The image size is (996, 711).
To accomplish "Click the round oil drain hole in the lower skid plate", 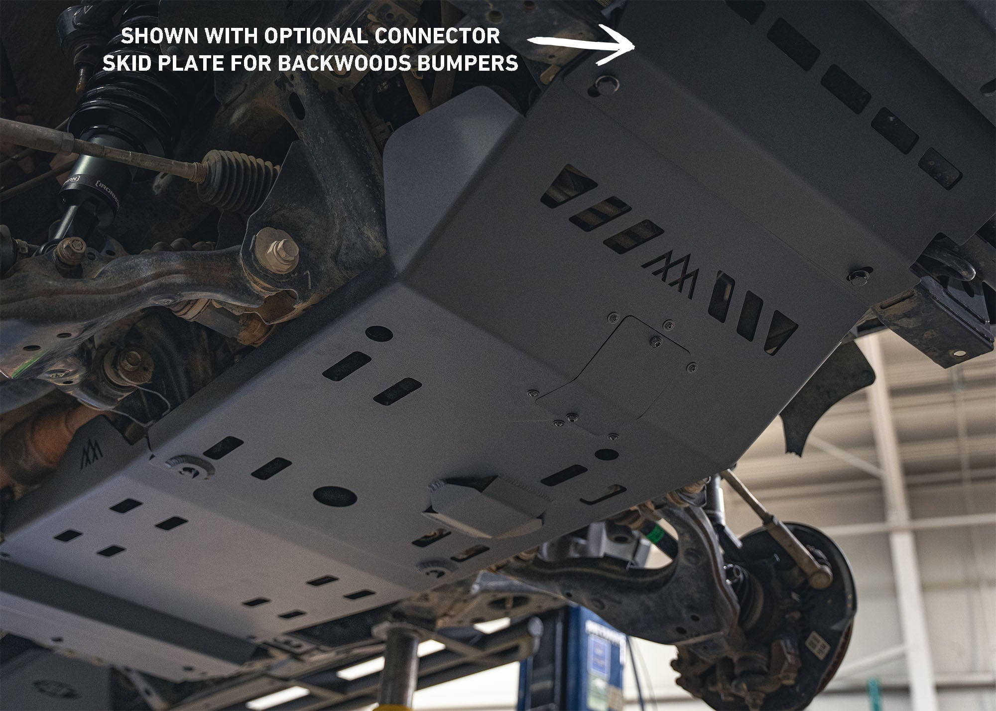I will (335, 495).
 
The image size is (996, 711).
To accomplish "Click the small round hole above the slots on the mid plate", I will (378, 333).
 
